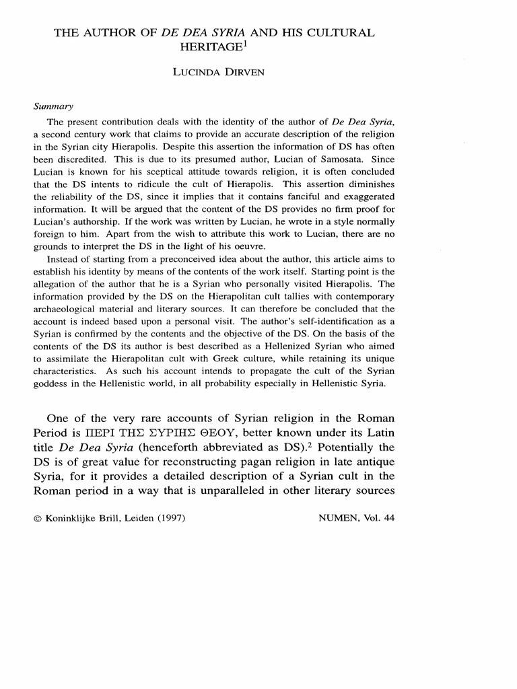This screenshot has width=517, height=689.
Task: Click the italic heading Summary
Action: point(53,106)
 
